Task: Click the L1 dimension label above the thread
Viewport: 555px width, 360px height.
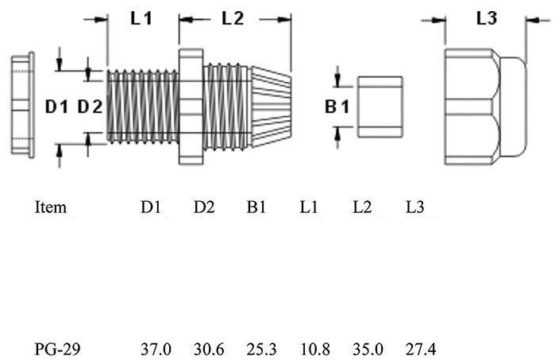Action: tap(141, 18)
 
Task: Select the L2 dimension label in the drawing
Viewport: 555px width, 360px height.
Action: tap(233, 18)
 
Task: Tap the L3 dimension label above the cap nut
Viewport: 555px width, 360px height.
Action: tap(487, 18)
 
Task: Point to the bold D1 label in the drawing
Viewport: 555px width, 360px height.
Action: tap(56, 106)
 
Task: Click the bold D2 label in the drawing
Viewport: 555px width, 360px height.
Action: tap(90, 106)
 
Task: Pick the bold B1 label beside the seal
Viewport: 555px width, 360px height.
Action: tap(337, 106)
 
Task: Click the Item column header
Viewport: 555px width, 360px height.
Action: tap(51, 207)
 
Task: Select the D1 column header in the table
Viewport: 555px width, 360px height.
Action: tap(151, 207)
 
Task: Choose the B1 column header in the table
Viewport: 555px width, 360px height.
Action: tap(256, 207)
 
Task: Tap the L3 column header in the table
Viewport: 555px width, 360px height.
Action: tap(414, 207)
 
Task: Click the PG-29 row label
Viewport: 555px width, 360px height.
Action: tap(57, 350)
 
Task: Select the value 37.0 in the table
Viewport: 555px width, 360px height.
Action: tap(156, 350)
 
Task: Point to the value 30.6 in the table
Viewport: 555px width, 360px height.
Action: tap(209, 350)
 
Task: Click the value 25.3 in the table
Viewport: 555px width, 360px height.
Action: tap(261, 350)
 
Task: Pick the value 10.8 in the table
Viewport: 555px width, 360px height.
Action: tap(315, 350)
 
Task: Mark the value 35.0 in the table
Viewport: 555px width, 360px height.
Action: tap(368, 350)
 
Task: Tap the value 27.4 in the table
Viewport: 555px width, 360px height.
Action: tap(421, 350)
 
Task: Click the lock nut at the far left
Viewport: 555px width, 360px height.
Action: tap(23, 105)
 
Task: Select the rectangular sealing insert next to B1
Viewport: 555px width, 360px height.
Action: tap(380, 106)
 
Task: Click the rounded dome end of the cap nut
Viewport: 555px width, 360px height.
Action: tap(514, 106)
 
